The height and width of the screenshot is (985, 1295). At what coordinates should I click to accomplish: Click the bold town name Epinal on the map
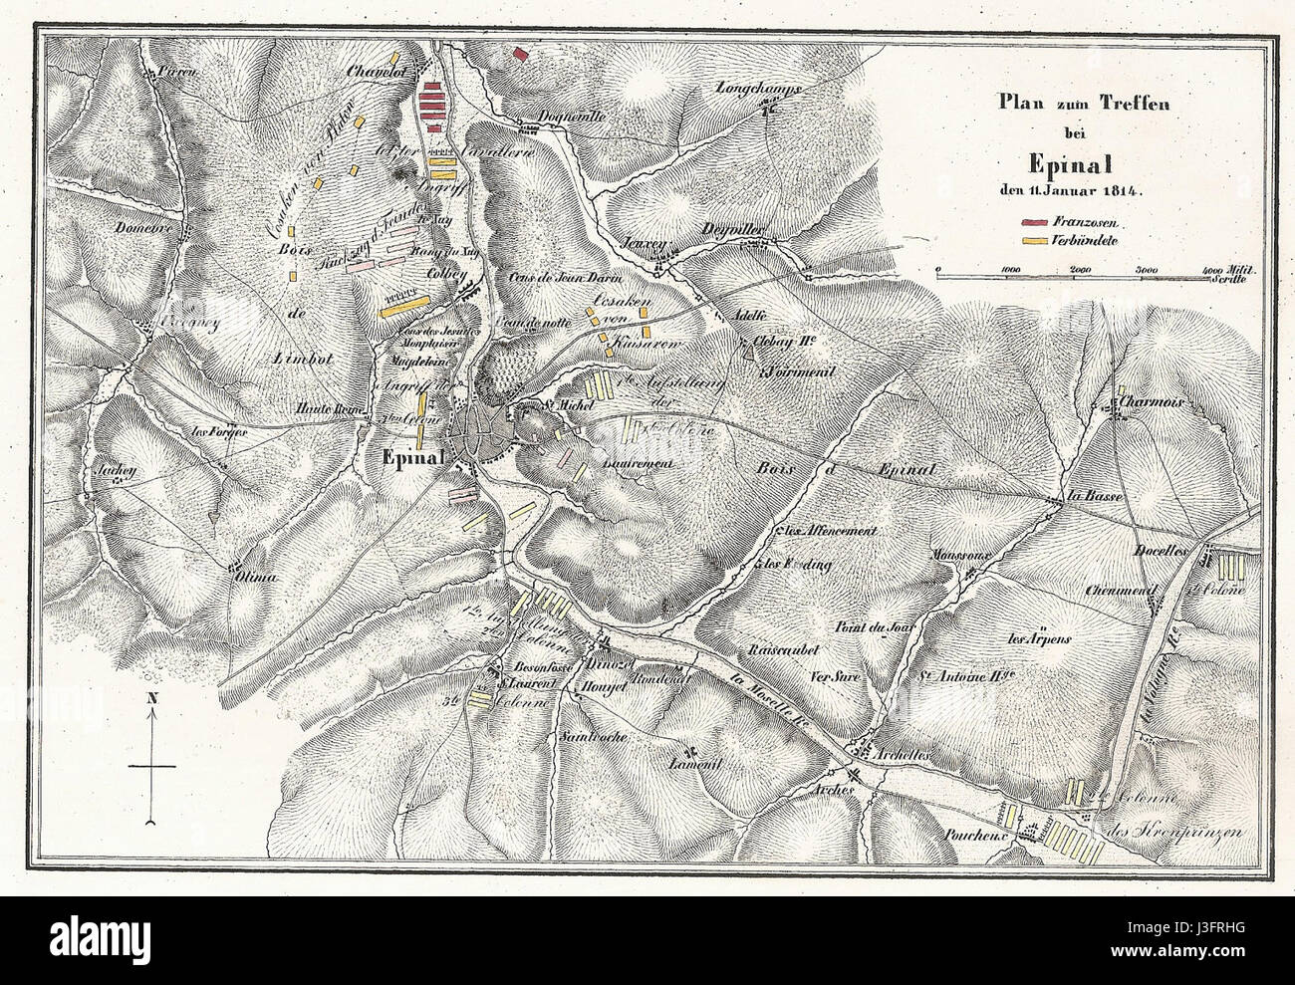[x=412, y=459]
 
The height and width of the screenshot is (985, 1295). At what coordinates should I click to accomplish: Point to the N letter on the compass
[x=150, y=698]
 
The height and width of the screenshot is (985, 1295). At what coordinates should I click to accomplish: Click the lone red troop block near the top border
[x=519, y=54]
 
